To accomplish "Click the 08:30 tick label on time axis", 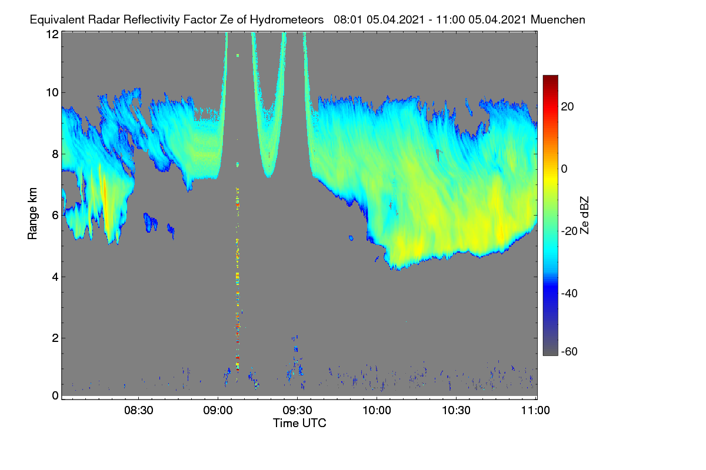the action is coord(138,410).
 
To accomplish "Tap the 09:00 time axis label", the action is coord(218,410).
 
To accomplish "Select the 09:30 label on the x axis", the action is coord(297,410).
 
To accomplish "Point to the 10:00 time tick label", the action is coord(377,410).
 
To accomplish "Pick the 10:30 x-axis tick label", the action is coord(456,410).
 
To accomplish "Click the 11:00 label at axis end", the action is coord(535,410).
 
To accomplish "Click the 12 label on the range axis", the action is coord(52,34).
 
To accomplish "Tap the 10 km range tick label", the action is coord(52,93).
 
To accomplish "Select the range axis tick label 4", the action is coord(55,277).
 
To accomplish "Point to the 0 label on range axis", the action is coord(55,395).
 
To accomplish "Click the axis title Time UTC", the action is coord(299,423).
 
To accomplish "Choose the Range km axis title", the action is coord(32,213).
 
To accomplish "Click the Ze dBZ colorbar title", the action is coord(584,215).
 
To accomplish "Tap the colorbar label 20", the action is coord(567,107).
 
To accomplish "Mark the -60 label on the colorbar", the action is coord(570,352).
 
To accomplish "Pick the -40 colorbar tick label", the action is coord(570,293).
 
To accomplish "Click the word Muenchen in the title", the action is coord(558,19).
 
